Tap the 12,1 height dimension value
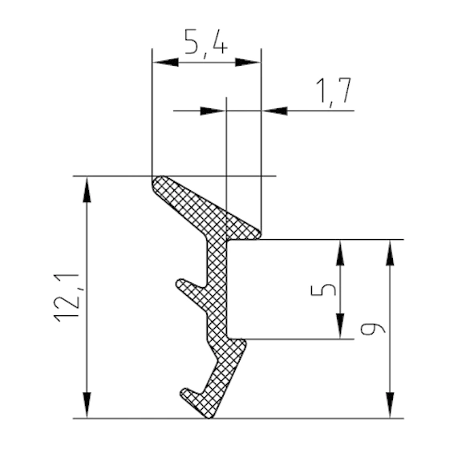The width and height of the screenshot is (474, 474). tap(67, 298)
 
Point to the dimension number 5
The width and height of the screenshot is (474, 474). tap(324, 289)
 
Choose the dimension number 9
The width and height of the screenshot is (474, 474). tap(373, 328)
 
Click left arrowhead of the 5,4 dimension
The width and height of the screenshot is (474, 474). tap(165, 63)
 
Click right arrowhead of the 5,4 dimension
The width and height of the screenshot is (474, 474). tap(248, 63)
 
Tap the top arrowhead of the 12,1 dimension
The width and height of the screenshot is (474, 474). tap(87, 189)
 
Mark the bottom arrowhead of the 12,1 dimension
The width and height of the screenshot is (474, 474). tap(87, 405)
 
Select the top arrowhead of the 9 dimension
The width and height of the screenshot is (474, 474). tap(391, 253)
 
